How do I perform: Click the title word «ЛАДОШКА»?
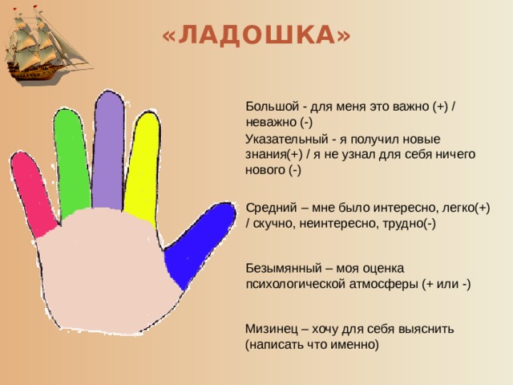coord(256,36)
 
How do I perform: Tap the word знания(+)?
coord(274,154)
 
